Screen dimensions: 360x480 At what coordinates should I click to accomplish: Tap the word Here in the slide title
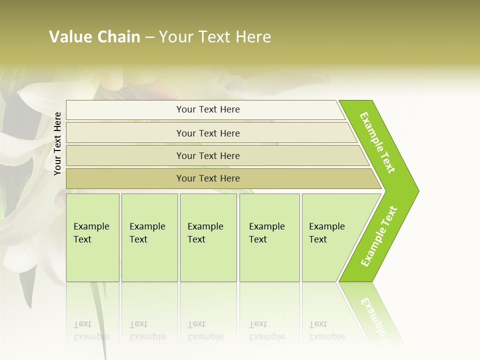[253, 37]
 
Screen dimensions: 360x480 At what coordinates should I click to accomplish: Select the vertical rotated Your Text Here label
[57, 143]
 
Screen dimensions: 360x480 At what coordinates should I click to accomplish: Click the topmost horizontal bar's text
[208, 109]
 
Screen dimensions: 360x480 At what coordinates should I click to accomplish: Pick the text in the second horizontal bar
[208, 133]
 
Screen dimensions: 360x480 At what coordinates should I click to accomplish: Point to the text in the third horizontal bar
[208, 156]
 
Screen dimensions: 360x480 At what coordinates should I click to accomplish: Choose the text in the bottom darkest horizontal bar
[208, 178]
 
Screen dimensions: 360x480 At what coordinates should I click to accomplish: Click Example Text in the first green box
[91, 233]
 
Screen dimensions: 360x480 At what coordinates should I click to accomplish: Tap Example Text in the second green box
[147, 233]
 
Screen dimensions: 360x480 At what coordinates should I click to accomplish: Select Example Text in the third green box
[205, 233]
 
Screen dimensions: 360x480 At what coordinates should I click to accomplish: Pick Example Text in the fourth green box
[266, 233]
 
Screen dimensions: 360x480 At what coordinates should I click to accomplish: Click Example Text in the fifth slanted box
[326, 233]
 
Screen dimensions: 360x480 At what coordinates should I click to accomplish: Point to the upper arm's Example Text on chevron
[377, 142]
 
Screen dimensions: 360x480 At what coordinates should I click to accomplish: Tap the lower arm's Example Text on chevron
[379, 236]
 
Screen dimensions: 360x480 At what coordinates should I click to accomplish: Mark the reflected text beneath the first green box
[91, 330]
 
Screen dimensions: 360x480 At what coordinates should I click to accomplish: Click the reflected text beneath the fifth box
[326, 330]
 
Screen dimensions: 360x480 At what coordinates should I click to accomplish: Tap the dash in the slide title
[149, 37]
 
